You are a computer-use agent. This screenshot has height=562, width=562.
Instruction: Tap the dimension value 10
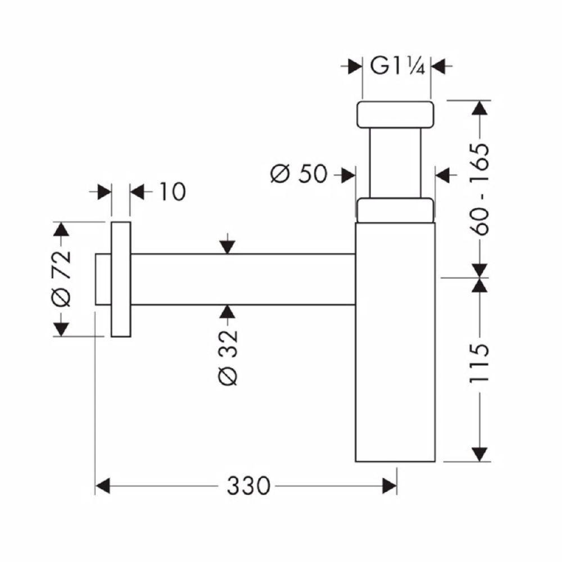(173, 192)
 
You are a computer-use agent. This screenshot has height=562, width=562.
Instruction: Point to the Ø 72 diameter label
(61, 279)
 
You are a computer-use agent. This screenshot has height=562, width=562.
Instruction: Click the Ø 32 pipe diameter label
(228, 357)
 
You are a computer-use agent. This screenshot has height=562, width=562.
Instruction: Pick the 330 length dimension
(248, 486)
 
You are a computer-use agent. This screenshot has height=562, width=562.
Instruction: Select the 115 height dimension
(479, 364)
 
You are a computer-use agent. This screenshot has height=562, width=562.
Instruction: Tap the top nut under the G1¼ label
(395, 114)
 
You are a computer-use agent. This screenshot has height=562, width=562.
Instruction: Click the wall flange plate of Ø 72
(121, 279)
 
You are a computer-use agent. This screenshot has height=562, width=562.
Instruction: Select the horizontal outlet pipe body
(243, 279)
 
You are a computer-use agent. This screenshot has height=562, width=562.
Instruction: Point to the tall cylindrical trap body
(395, 342)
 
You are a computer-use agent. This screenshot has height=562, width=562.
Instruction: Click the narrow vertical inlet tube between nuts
(395, 162)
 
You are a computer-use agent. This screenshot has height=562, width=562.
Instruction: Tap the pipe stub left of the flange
(103, 279)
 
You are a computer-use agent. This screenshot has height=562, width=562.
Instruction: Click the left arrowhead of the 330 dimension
(102, 486)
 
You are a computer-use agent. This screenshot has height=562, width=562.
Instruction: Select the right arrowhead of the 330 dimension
(389, 486)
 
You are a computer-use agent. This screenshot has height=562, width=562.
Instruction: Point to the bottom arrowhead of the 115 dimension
(479, 454)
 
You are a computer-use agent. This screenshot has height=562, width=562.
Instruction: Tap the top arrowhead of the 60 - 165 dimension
(479, 108)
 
